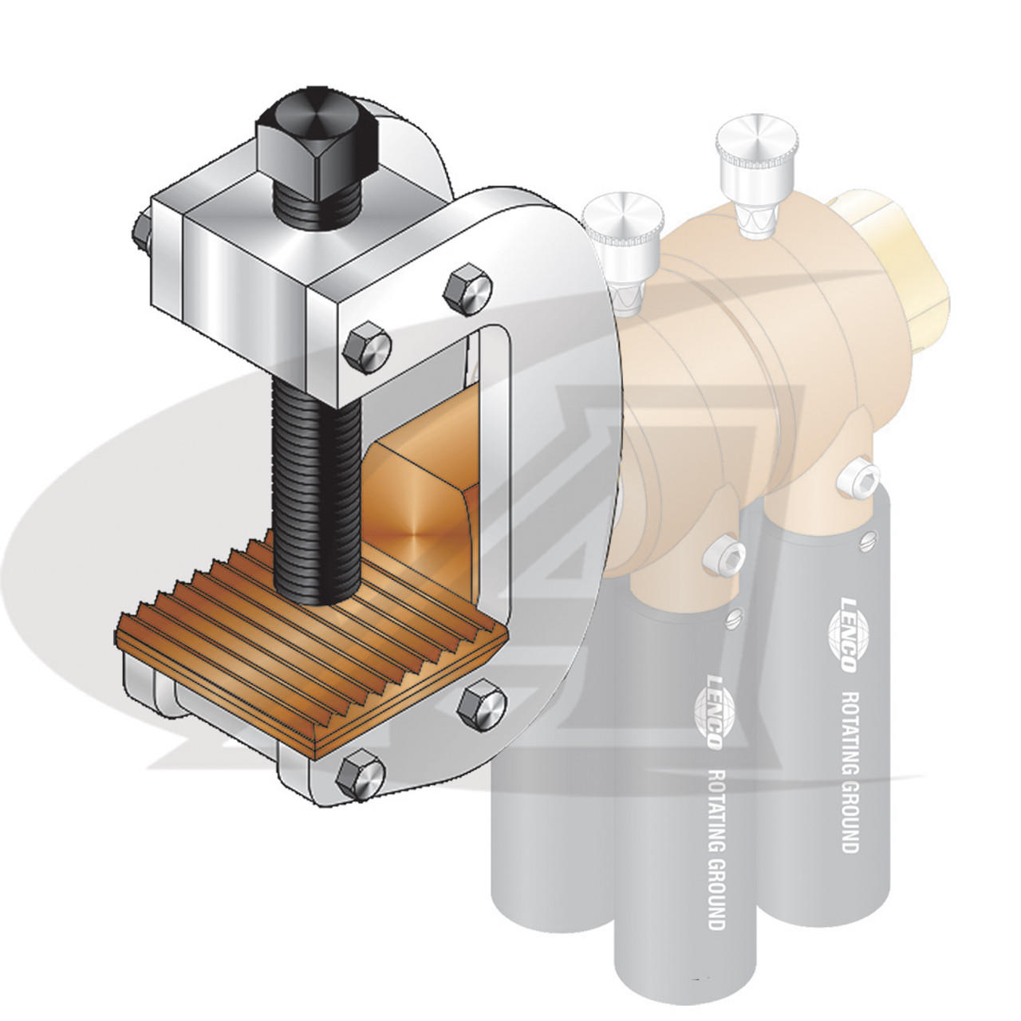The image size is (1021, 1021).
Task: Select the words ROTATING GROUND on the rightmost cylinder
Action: tap(850, 766)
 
